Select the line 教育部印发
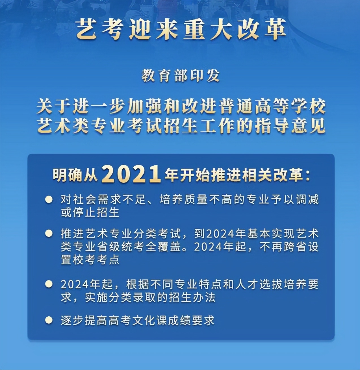tap(181, 76)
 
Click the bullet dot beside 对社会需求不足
tap(49, 199)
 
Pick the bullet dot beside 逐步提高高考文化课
tap(49, 320)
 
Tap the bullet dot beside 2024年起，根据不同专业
tap(49, 284)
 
